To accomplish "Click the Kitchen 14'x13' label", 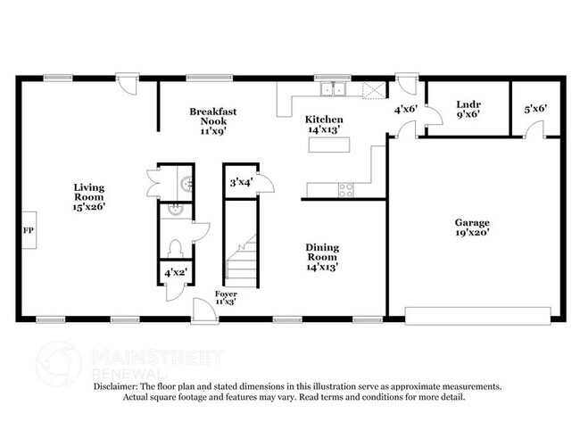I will (324, 124).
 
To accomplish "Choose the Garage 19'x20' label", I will (472, 228).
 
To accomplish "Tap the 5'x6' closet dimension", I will (535, 109).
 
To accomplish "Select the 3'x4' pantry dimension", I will (241, 183).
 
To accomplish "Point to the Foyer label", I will (226, 297).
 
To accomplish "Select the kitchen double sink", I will (336, 89).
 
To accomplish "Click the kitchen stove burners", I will (344, 188).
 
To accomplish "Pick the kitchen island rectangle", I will (327, 144).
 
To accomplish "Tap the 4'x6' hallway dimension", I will (407, 110).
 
